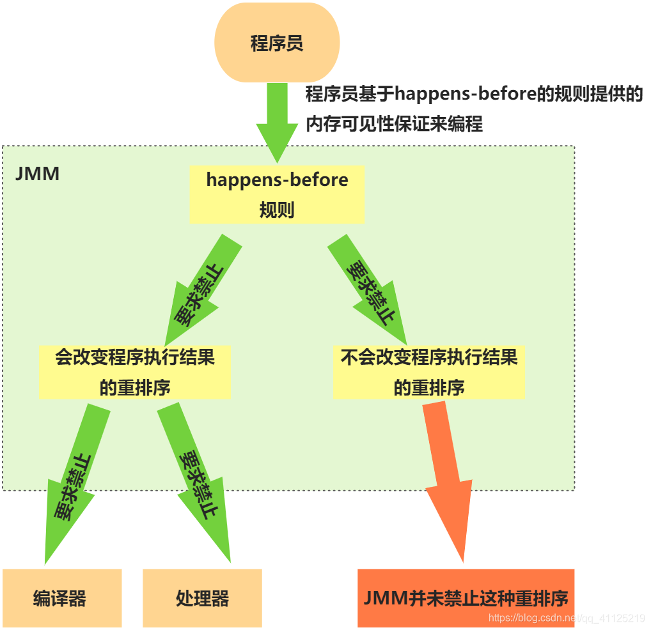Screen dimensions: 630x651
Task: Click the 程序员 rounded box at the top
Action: point(276,43)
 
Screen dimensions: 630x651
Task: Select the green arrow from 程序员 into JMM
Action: point(278,121)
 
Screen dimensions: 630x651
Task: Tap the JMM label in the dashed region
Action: point(37,173)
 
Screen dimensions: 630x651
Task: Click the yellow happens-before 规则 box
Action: point(277,194)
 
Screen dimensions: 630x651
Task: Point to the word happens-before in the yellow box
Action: point(277,180)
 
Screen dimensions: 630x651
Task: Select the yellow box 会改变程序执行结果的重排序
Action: point(134,372)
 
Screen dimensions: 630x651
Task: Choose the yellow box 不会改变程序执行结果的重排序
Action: point(428,372)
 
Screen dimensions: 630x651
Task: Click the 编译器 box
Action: point(61,598)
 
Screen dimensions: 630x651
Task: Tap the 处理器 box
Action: point(202,598)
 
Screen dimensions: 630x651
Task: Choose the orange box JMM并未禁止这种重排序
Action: point(466,598)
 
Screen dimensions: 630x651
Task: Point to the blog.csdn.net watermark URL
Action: point(567,618)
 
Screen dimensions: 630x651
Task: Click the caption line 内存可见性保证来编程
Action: point(394,123)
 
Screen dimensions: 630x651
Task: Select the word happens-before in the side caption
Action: point(466,95)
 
